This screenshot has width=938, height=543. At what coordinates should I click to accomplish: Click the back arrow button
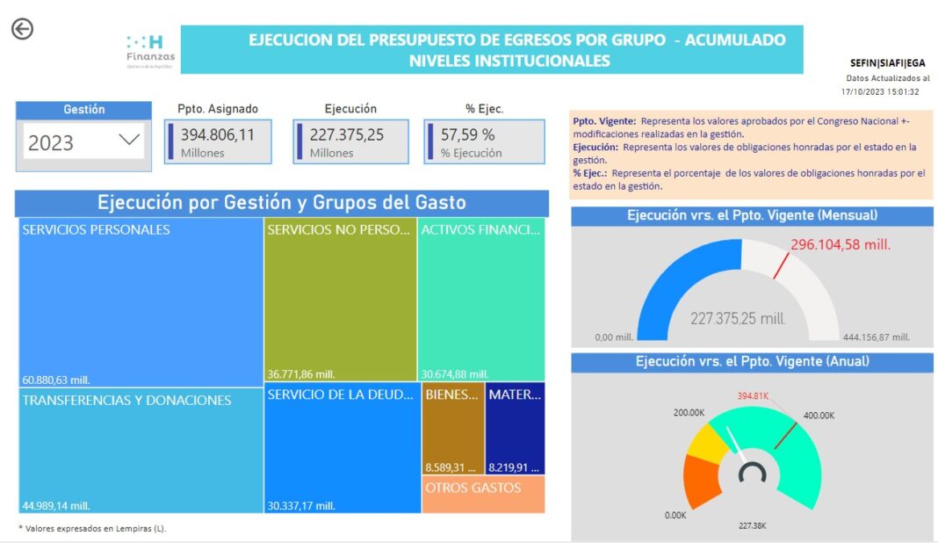[x=22, y=29]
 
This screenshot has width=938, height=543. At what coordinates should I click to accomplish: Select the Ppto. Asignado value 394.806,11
[x=218, y=135]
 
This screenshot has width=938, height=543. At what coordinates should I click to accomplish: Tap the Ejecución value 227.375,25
[x=346, y=135]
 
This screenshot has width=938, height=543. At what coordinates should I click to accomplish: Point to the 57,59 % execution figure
[x=467, y=135]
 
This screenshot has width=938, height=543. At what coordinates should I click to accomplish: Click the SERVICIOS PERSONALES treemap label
[x=97, y=230]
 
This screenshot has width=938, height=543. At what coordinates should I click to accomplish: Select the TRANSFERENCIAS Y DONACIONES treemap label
[x=127, y=401]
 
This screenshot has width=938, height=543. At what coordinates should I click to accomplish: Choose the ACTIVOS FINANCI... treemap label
[x=480, y=230]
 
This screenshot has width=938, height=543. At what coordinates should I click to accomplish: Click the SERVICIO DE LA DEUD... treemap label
[x=340, y=395]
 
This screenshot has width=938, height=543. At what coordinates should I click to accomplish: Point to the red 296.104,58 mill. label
[x=841, y=245]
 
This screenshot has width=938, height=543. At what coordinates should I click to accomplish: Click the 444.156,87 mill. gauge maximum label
[x=876, y=337]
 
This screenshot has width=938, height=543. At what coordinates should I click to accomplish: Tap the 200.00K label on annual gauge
[x=689, y=412]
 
